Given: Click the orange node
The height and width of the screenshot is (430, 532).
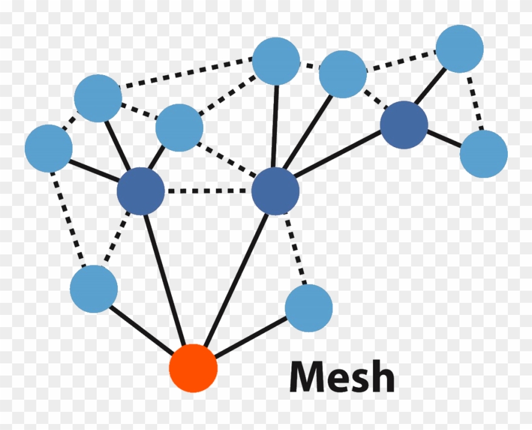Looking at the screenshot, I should click(193, 368).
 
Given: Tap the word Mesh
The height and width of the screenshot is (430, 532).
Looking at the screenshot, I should click(342, 377).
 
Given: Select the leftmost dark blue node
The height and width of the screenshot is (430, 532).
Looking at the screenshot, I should click(141, 191).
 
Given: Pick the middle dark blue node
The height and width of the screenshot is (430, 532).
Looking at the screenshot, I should click(276, 191).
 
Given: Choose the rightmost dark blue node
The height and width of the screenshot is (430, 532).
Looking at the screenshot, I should click(404, 125).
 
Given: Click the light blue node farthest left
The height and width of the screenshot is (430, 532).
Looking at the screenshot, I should click(48, 148).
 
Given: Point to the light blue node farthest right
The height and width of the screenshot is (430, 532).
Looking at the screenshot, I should click(483, 154).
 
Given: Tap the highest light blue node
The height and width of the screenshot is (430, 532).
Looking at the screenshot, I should click(459, 48).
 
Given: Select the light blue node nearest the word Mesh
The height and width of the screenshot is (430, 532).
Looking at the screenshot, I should click(308, 308).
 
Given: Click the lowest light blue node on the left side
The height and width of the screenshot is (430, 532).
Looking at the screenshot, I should click(94, 289).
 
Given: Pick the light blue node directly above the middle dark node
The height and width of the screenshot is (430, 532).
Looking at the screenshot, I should click(276, 61).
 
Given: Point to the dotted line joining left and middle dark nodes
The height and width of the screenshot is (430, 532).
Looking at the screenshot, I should click(208, 191).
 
